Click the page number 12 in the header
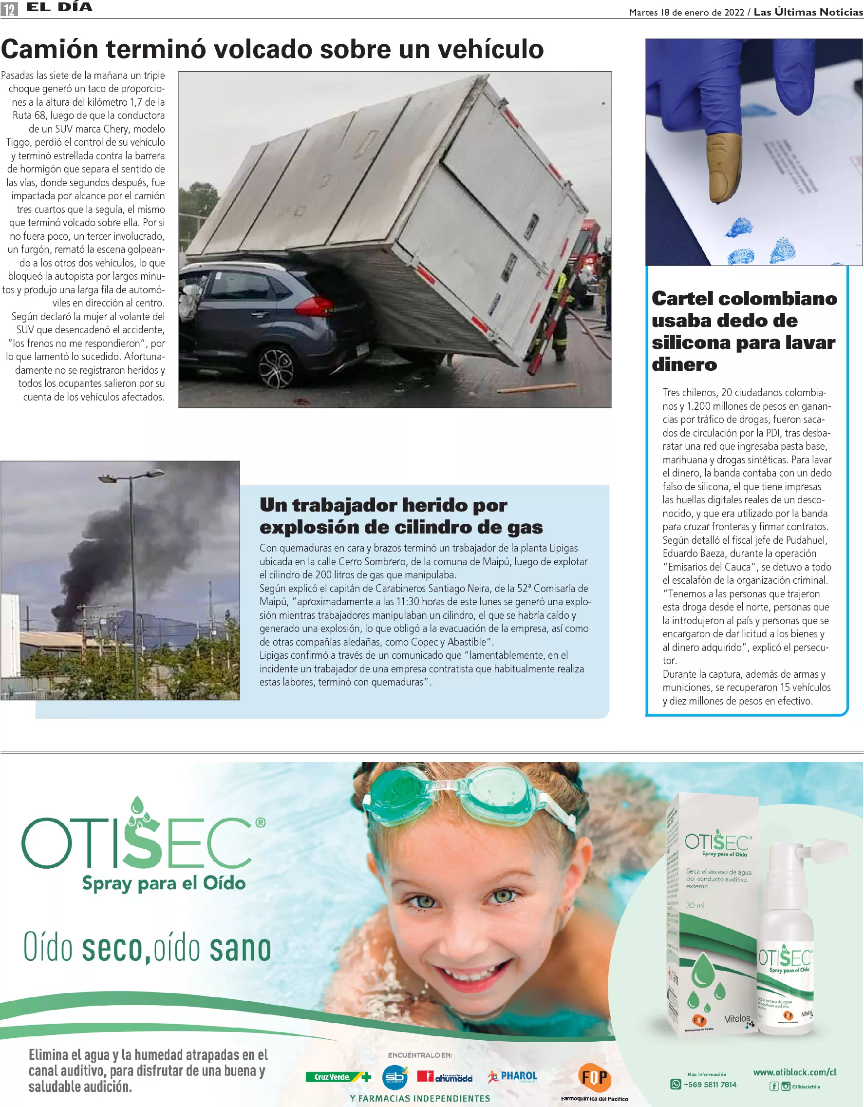point(9,9)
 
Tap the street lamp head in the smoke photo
point(108,477)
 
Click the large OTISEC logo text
point(137,841)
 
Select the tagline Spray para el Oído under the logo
point(164,883)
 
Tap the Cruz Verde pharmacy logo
point(337,1077)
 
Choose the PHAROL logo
point(513,1076)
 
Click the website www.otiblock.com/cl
point(794,1072)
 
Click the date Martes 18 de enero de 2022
point(686,12)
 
